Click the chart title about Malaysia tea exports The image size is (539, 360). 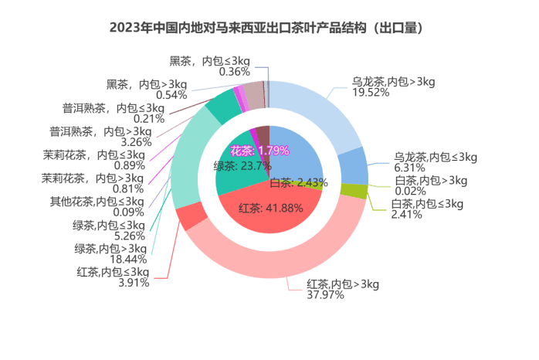(266, 28)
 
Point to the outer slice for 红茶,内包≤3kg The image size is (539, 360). (192, 216)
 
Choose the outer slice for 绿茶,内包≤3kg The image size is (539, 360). (224, 106)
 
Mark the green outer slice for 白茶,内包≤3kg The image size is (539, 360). (354, 192)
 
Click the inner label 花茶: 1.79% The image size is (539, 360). (259, 151)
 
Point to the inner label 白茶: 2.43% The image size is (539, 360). (299, 182)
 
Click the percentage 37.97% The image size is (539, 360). (325, 294)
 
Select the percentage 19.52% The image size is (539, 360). (371, 93)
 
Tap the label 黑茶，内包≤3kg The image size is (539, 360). (210, 61)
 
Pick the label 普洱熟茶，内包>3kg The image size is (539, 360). (100, 131)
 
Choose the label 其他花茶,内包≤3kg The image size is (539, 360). (97, 202)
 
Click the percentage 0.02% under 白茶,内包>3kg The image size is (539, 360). (411, 191)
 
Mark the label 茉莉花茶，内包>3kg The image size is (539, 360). (93, 178)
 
